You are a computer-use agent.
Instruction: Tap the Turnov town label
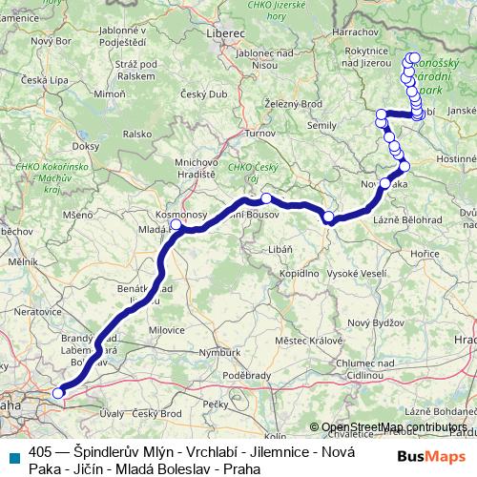(259, 135)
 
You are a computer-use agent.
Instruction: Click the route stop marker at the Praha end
(59, 391)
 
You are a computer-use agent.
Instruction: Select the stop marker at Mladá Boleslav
(177, 227)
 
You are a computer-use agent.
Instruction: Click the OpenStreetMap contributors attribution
(393, 426)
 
